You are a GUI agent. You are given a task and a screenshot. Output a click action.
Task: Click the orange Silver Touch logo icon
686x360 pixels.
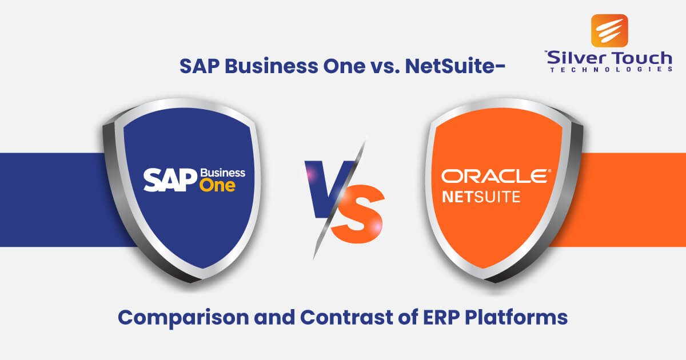[609, 31]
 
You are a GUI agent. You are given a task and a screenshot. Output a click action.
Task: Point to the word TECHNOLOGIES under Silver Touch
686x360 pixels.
[611, 70]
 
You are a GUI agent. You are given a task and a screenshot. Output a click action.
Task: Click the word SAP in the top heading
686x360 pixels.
[200, 66]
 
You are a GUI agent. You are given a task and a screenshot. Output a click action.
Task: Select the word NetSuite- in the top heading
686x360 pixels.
[455, 66]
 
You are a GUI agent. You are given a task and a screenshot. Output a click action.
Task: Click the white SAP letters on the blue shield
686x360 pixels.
[170, 179]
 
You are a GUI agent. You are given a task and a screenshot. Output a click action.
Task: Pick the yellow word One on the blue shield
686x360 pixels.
[217, 186]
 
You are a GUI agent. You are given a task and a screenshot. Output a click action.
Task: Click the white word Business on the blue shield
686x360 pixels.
[222, 173]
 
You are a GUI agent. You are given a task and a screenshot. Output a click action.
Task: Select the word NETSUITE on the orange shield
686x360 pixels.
[481, 197]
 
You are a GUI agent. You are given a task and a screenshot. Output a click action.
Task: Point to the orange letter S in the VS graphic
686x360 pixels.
[358, 214]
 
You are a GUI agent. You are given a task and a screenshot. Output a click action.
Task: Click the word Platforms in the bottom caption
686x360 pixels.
[516, 317]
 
